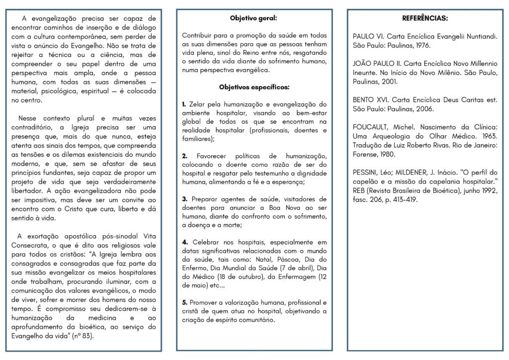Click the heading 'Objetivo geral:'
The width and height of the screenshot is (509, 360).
tap(254, 18)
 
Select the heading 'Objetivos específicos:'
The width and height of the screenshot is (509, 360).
tap(254, 87)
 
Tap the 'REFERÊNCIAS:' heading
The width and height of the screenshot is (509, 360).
tap(424, 18)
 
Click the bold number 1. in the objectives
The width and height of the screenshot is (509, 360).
tap(184, 104)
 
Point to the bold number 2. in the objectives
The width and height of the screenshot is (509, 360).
tap(184, 156)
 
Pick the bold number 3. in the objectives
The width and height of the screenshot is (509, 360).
tap(184, 199)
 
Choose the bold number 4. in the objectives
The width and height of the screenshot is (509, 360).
tap(184, 242)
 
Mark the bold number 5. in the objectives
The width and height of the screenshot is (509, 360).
tap(184, 302)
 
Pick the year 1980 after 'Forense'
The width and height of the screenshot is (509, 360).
tap(388, 154)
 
